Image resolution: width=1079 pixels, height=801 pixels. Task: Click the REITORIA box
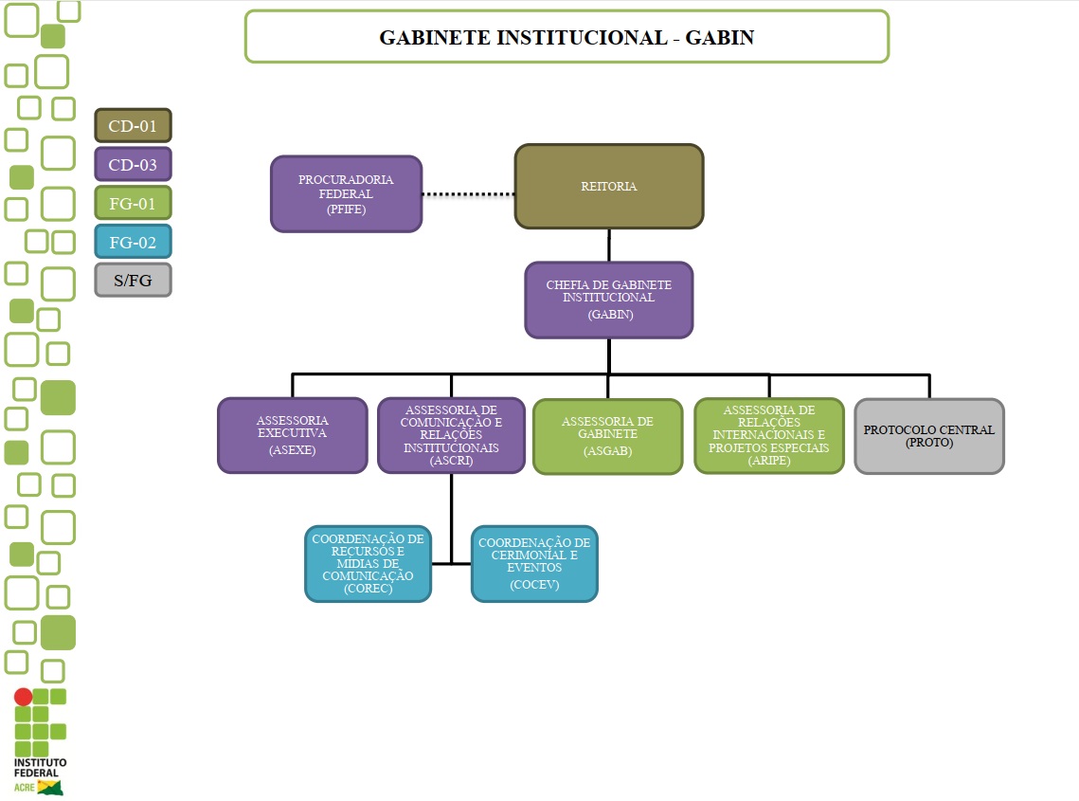coord(608,187)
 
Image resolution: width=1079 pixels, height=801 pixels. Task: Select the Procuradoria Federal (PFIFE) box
coord(346,194)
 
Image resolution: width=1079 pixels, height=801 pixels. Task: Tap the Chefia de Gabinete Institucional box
coord(608,300)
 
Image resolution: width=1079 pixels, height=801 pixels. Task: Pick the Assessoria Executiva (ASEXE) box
coord(292,435)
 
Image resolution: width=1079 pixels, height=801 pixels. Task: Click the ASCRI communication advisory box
coord(451,435)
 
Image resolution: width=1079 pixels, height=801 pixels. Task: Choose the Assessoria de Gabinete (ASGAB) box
coord(607,436)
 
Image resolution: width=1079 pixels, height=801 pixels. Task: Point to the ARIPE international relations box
coord(768,435)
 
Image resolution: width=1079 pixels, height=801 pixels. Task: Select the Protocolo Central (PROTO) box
coord(928,436)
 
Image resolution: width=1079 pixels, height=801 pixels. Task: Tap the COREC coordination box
coord(368,563)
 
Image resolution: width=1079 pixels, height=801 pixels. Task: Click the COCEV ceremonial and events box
coord(534,563)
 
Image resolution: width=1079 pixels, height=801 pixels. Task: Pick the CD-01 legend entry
coord(133,125)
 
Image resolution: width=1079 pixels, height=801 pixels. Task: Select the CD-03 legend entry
coord(133,164)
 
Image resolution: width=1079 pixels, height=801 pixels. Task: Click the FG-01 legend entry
coord(133,203)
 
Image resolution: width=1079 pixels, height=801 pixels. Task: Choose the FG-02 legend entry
coord(133,242)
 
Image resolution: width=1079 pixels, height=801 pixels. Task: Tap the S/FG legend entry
coord(133,280)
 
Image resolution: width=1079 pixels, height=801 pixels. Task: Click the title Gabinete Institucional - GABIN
coord(566,37)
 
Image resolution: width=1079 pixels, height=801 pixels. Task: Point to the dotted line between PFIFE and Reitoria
coord(468,194)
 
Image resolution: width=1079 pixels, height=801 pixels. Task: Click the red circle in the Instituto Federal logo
coord(23,697)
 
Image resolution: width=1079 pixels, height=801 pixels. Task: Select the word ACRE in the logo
coord(24,788)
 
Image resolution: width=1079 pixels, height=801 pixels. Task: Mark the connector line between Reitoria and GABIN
coord(609,246)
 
